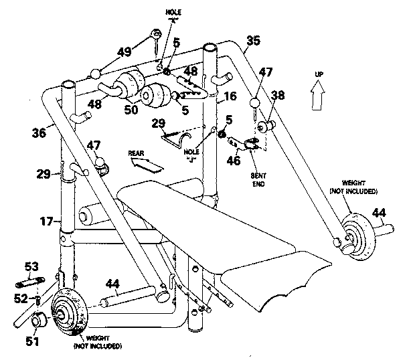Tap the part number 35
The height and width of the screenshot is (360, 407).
[252, 41]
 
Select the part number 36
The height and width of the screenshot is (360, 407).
[38, 132]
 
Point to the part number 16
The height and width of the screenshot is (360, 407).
[230, 96]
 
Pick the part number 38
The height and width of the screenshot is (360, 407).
[278, 96]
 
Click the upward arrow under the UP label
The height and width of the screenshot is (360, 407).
[319, 92]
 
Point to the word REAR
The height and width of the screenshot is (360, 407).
[137, 153]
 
